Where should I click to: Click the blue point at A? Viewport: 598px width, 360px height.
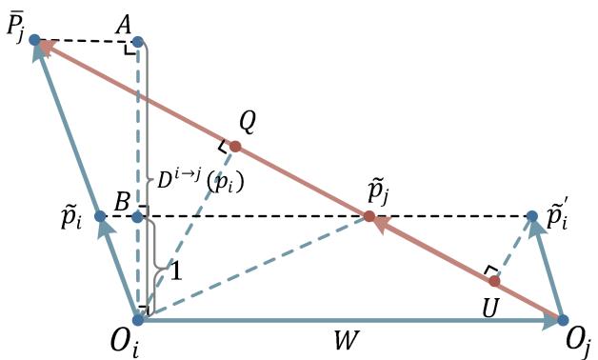138,41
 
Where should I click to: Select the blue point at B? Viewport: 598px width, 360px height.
138,217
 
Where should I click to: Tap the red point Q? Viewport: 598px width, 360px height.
236,147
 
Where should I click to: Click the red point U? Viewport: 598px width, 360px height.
493,281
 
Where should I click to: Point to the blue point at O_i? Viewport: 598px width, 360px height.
138,320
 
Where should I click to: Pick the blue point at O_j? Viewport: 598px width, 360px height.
563,321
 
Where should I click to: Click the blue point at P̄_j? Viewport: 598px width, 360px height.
35,40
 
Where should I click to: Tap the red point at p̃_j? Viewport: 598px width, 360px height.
369,216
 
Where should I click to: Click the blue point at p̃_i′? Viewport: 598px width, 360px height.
532,216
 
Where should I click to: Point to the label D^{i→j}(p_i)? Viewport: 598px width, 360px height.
199,180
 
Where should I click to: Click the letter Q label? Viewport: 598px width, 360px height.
248,121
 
